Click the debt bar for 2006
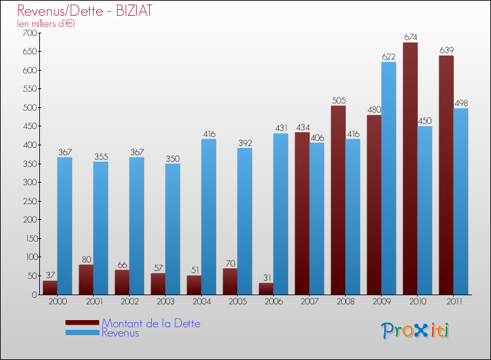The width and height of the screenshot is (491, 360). click(266, 289)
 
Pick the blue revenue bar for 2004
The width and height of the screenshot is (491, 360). click(208, 217)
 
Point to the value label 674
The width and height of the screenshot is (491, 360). click(410, 37)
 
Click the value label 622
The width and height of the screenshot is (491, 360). click(389, 56)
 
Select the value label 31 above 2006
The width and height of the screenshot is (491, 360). click(266, 277)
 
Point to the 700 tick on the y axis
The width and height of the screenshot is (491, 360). click(30, 33)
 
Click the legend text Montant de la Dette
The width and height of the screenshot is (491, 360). click(151, 323)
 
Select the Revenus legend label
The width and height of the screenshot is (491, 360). click(120, 333)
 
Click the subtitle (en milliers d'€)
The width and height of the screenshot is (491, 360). click(46, 24)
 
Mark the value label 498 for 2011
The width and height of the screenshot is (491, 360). click(461, 103)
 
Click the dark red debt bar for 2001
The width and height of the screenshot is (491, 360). click(86, 279)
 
